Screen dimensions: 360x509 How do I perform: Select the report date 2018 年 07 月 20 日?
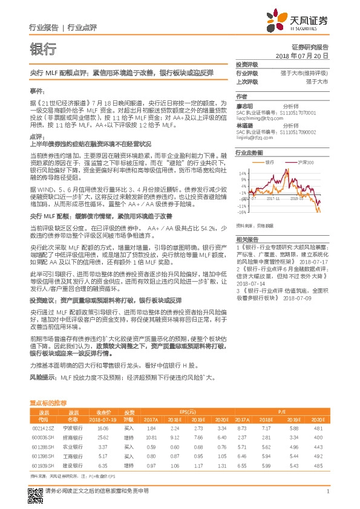pos(301,55)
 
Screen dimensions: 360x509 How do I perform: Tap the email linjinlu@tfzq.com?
pos(253,137)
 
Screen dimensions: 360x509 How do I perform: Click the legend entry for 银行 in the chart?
pos(267,164)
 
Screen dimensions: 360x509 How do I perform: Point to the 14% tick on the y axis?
pos(242,172)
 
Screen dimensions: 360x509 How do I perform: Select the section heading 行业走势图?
pos(248,154)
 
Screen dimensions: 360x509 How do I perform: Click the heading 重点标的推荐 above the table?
pos(48,402)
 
